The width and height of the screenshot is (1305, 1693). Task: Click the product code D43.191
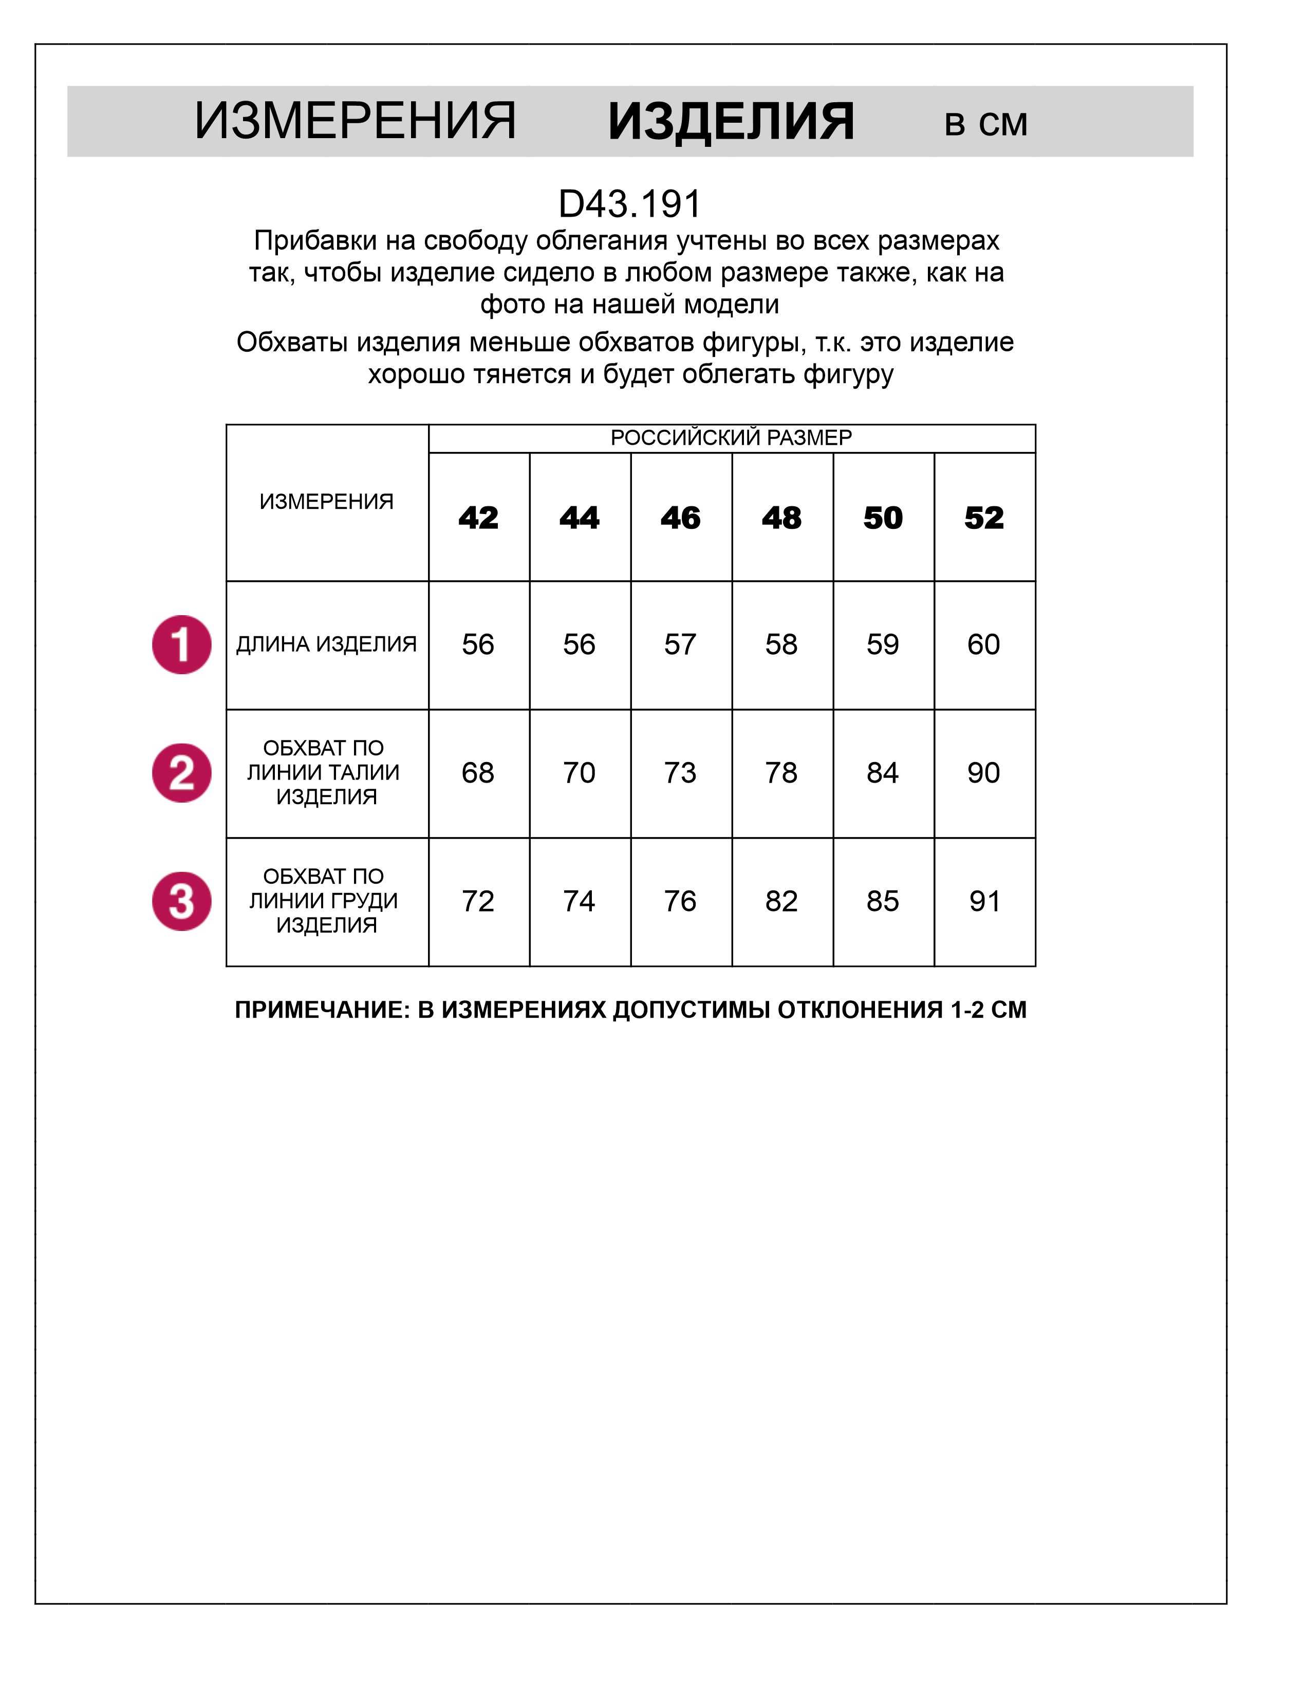pos(629,204)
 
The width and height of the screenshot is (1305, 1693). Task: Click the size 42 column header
pos(478,518)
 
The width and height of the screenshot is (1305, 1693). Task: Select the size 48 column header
pos(781,518)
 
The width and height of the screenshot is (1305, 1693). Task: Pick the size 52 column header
pos(983,518)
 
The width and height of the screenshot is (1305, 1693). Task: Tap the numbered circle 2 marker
pos(181,773)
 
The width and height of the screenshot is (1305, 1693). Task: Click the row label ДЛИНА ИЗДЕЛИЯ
pos(326,644)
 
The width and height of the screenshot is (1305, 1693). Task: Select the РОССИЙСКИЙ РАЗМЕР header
pos(731,438)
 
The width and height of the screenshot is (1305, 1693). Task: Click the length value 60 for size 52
pos(983,644)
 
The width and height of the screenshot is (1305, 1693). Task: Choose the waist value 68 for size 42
pos(478,773)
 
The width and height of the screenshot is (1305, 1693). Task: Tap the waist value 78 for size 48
pos(781,773)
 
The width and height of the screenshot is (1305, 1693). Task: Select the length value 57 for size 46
pos(680,644)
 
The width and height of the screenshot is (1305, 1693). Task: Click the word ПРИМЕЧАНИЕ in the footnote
pos(321,1010)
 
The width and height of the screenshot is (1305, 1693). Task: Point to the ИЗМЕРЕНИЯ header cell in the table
pos(326,502)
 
